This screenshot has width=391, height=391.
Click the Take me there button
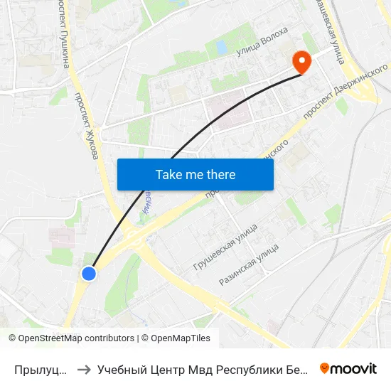point(195,174)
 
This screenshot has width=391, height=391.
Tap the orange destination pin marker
point(302,62)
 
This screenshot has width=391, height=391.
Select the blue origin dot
point(89,273)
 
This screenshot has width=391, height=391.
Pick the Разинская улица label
point(249,264)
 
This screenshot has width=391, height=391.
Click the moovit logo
point(348,368)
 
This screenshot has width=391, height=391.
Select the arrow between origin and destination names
point(84,369)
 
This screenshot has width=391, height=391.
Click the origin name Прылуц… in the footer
point(42,369)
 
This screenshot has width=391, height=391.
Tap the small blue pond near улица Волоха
point(221,47)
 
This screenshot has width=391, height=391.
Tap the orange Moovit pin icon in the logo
point(325,368)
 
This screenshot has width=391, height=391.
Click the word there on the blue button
point(220,174)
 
